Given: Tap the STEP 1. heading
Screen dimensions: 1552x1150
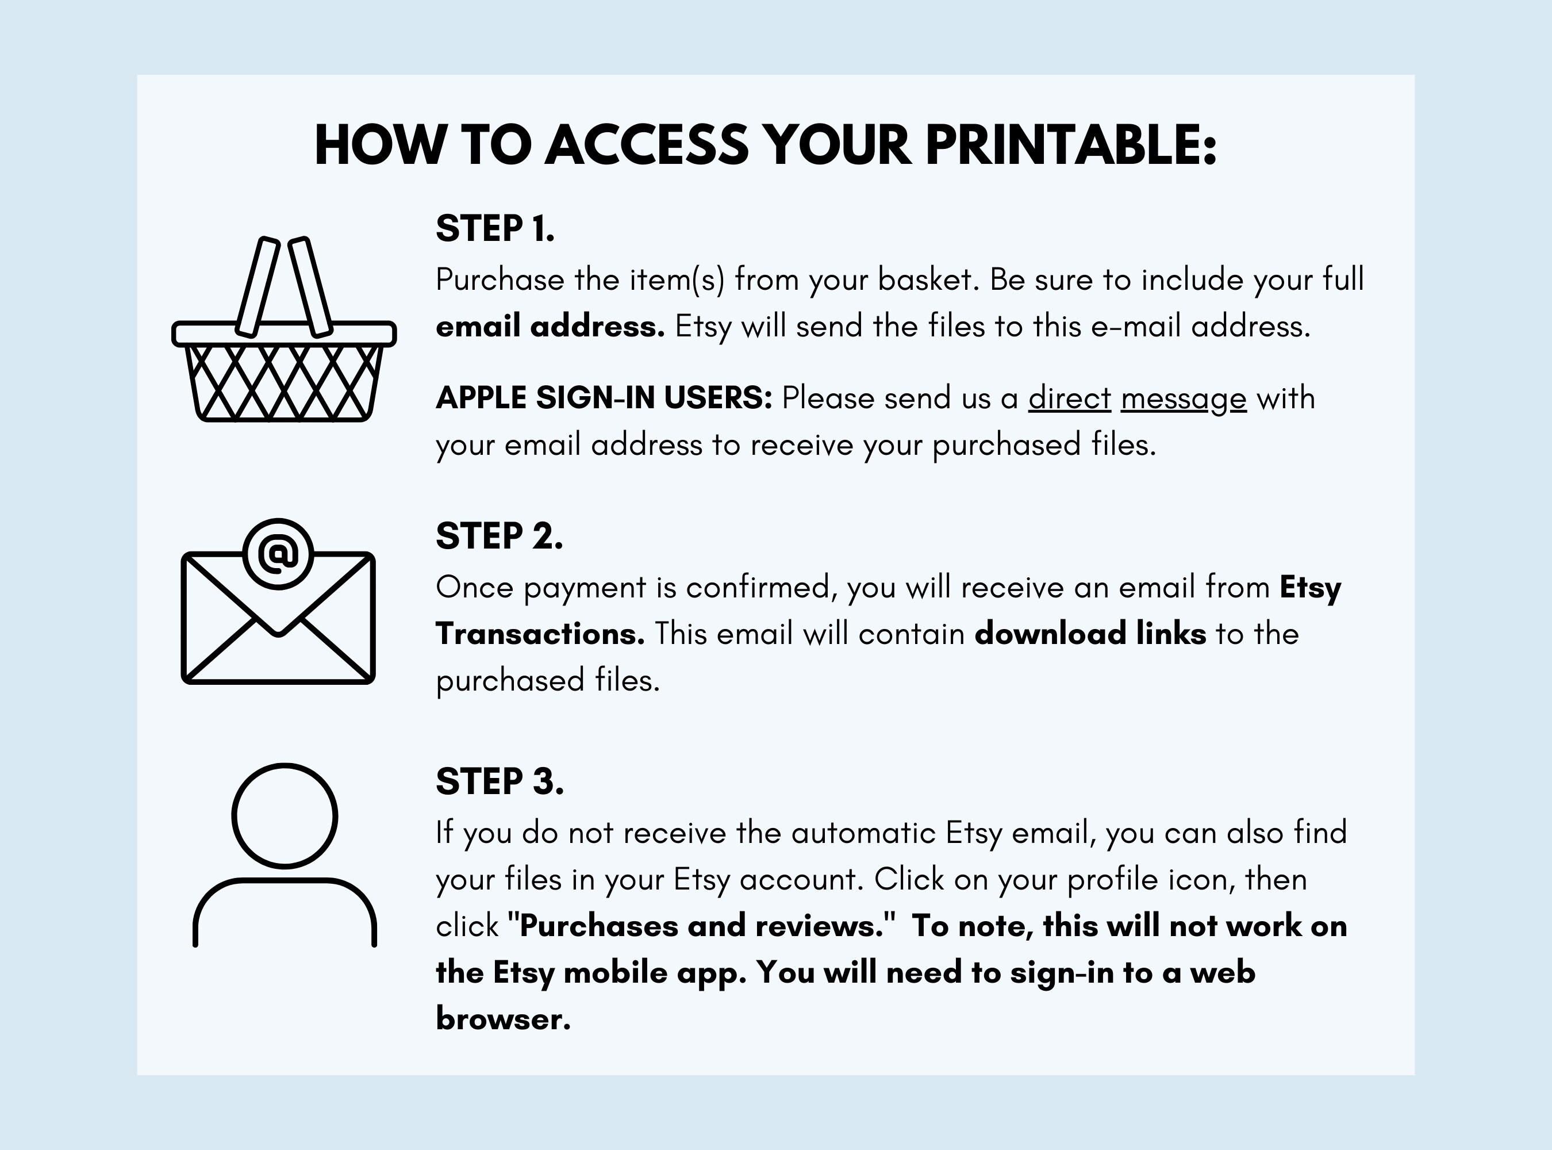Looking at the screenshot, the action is click(x=495, y=228).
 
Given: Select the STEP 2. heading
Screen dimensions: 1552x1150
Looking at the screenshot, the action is click(x=499, y=536).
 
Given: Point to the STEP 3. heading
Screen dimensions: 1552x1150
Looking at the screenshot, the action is click(x=500, y=781).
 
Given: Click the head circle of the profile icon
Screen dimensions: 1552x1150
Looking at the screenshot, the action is click(x=285, y=816).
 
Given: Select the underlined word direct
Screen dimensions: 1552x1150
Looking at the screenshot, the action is click(x=1070, y=398).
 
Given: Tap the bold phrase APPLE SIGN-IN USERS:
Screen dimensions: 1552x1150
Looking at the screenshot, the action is click(x=604, y=397).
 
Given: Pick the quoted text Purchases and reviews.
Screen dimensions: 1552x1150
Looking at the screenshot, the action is click(x=701, y=926).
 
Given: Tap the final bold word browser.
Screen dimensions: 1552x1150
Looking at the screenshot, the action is click(x=503, y=1019).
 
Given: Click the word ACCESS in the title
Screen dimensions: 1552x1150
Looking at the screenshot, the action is click(x=647, y=145).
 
